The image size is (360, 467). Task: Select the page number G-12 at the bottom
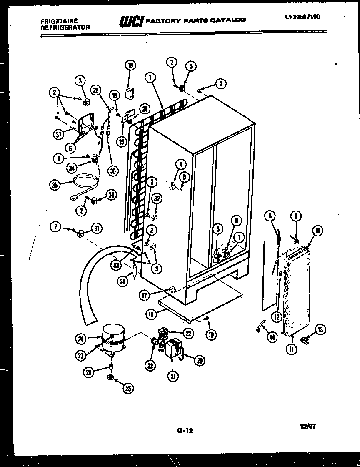click(182, 429)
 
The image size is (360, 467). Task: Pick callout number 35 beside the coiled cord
click(55, 186)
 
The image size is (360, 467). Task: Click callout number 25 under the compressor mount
click(127, 389)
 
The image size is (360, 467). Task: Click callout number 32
click(157, 199)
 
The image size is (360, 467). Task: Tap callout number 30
click(122, 281)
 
